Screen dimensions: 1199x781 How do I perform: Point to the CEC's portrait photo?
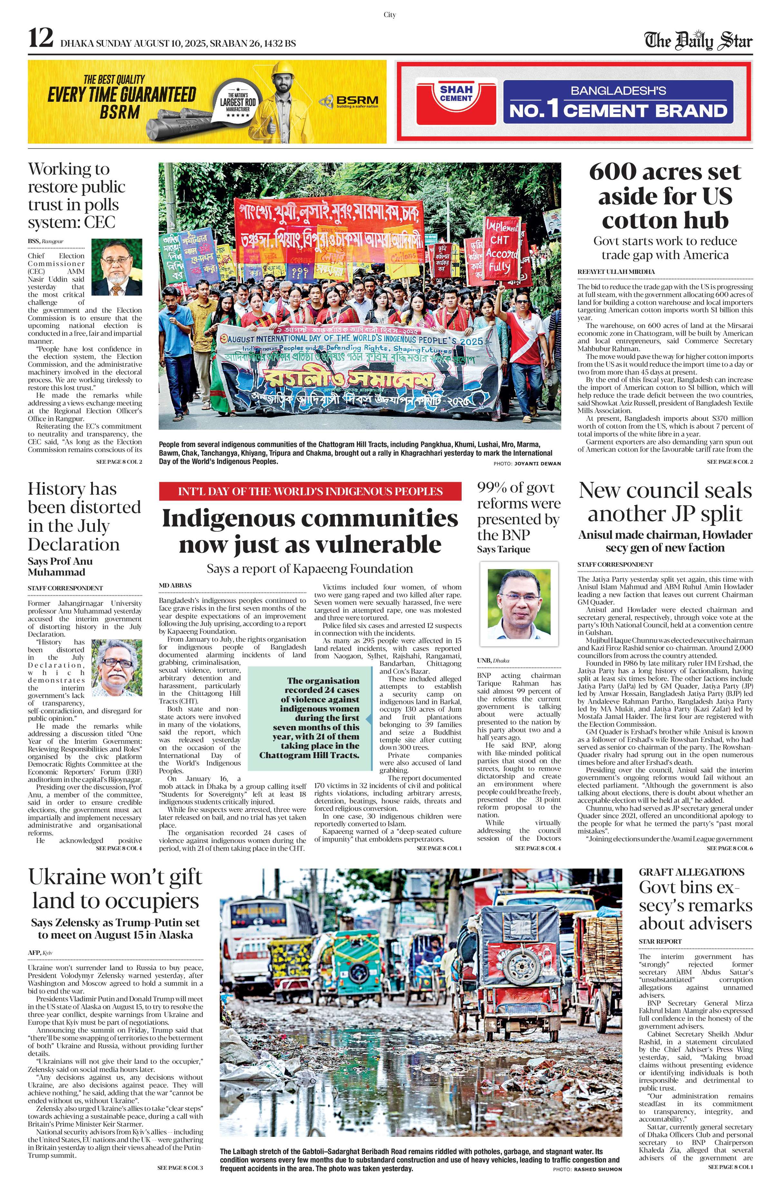[117, 267]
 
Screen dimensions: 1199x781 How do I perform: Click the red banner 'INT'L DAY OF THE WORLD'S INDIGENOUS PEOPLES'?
[310, 491]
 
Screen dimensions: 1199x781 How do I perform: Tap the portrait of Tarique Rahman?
[518, 604]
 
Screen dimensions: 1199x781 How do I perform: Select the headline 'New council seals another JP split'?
[665, 502]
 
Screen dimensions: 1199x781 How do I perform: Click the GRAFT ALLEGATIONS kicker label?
[691, 871]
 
